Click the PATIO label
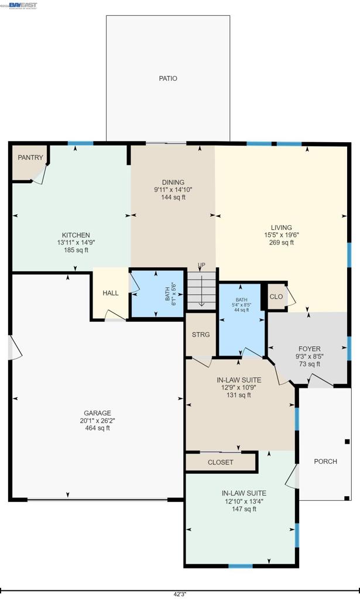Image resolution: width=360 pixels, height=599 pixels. tap(168, 78)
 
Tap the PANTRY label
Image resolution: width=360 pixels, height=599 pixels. tap(30, 158)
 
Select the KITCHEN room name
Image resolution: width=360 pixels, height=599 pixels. tap(73, 235)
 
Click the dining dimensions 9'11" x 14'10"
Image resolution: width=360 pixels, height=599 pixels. tap(173, 190)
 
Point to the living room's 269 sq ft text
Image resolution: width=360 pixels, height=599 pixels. tap(281, 243)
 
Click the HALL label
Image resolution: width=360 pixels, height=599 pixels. tap(111, 293)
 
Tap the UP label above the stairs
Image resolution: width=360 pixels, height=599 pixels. tap(201, 266)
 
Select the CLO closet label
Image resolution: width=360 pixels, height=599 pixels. tap(276, 297)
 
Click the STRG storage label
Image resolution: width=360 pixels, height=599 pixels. tap(201, 335)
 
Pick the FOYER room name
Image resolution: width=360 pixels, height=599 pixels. tap(309, 349)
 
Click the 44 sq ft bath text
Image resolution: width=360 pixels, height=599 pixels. tap(242, 310)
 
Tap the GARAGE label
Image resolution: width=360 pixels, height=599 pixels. tap(97, 413)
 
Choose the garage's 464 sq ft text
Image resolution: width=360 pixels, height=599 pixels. tap(97, 428)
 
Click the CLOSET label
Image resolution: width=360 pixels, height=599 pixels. tap(221, 462)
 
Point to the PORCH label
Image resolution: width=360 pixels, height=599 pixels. tap(325, 462)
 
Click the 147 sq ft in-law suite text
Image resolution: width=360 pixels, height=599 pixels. tap(244, 509)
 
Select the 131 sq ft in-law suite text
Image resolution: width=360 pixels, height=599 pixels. tap(239, 395)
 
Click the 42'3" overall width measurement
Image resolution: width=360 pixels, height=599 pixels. tap(180, 593)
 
